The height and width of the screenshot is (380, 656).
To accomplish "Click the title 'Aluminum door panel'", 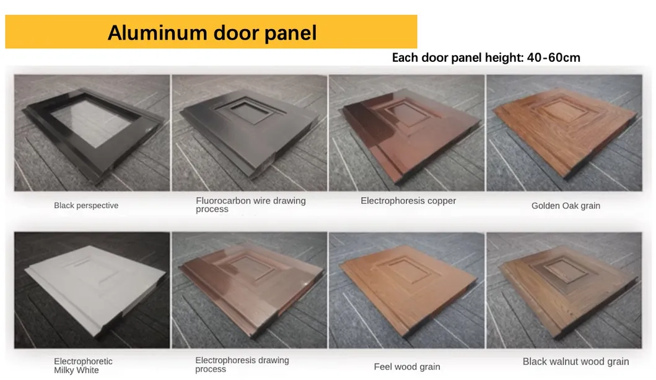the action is point(212,33).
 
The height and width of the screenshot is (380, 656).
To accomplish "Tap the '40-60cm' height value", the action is point(554,58).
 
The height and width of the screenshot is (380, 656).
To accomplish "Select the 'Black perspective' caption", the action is point(86,205).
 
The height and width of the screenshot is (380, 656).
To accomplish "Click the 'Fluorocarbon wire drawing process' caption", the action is point(251,205).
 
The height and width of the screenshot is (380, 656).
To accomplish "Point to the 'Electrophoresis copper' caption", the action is point(408,201).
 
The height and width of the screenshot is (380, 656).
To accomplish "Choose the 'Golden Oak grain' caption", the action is point(566,205).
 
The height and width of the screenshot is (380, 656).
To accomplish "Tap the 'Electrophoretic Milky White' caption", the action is point(83,366).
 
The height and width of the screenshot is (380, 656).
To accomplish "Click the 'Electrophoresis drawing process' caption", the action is point(242,365).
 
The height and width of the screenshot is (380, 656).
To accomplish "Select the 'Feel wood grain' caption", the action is point(407,366).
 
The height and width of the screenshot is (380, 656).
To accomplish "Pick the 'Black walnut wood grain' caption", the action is point(575,361).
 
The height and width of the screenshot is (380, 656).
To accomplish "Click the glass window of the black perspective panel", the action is point(95,123).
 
